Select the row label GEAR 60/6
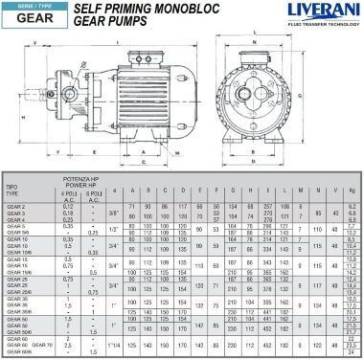pos(16,354)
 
